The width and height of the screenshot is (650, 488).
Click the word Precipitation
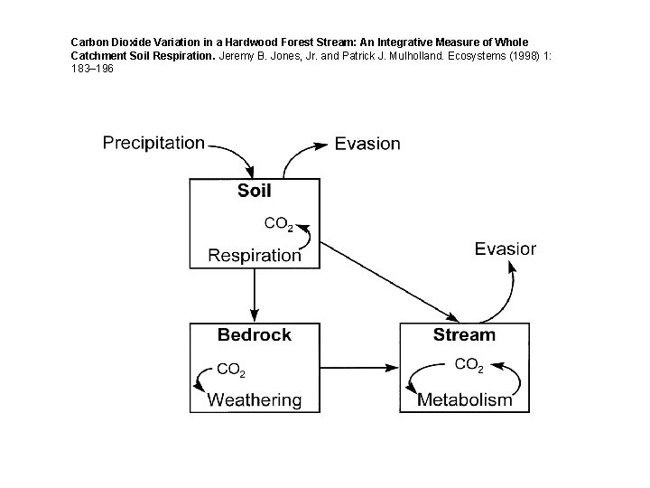tap(153, 143)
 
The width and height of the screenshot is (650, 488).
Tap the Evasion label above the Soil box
tap(367, 143)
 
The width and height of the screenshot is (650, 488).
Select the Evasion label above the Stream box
tap(506, 249)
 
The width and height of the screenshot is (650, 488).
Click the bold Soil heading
tap(254, 191)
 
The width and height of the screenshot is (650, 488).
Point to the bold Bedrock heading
tap(254, 335)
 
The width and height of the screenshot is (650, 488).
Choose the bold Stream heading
tap(464, 335)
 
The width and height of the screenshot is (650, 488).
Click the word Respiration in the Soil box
tap(255, 255)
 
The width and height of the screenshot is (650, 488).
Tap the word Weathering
tap(255, 399)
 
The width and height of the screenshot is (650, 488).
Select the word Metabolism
tap(464, 399)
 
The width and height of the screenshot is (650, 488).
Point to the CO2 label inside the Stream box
tap(469, 365)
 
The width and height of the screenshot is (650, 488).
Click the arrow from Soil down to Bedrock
tap(255, 294)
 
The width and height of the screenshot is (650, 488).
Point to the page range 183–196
tap(92, 69)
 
